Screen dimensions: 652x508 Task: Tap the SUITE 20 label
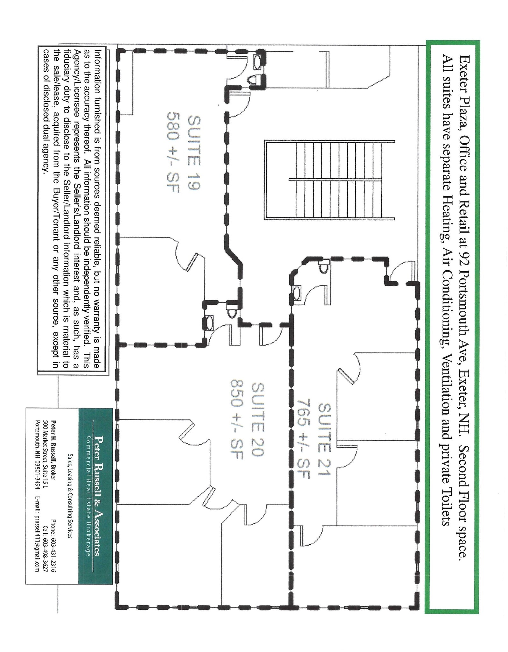258,420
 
